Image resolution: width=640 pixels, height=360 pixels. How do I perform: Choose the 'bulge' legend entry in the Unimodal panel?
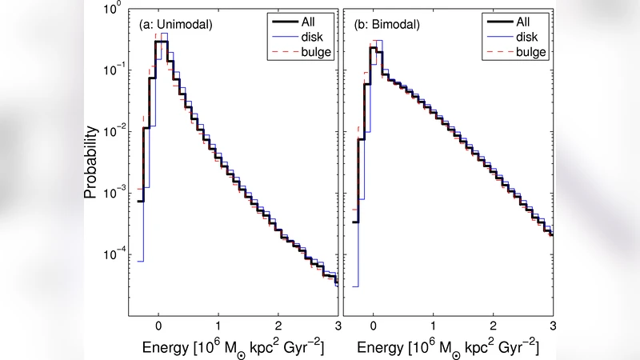pyautogui.click(x=313, y=52)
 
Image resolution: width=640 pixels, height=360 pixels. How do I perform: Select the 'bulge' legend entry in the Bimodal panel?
pyautogui.click(x=527, y=52)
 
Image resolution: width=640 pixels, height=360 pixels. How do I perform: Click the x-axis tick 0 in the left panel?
pyautogui.click(x=158, y=326)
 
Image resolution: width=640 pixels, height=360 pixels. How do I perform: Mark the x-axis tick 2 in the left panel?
pyautogui.click(x=278, y=326)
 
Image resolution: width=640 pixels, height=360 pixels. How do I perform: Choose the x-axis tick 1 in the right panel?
pyautogui.click(x=433, y=326)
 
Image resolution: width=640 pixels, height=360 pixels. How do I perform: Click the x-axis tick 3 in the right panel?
pyautogui.click(x=552, y=326)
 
